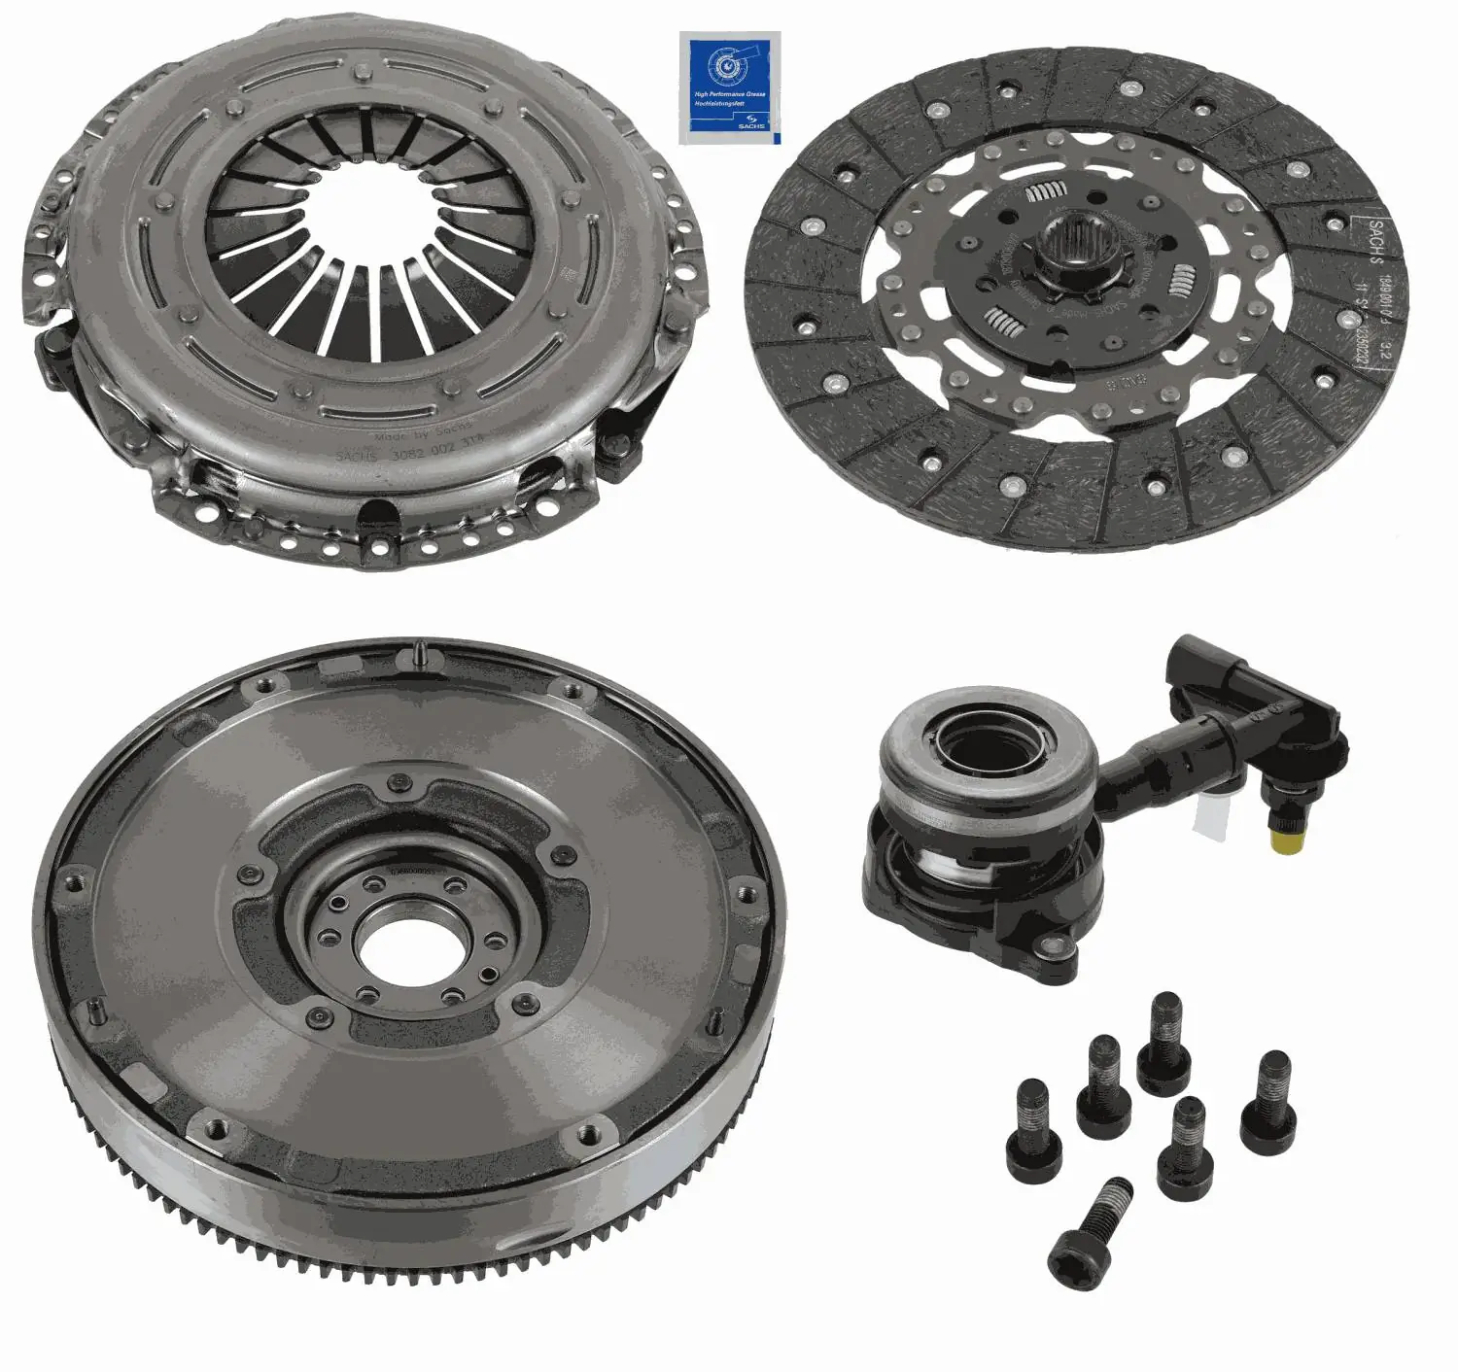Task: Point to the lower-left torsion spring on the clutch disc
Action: [x=1001, y=317]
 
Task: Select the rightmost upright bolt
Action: [x=1268, y=1102]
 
